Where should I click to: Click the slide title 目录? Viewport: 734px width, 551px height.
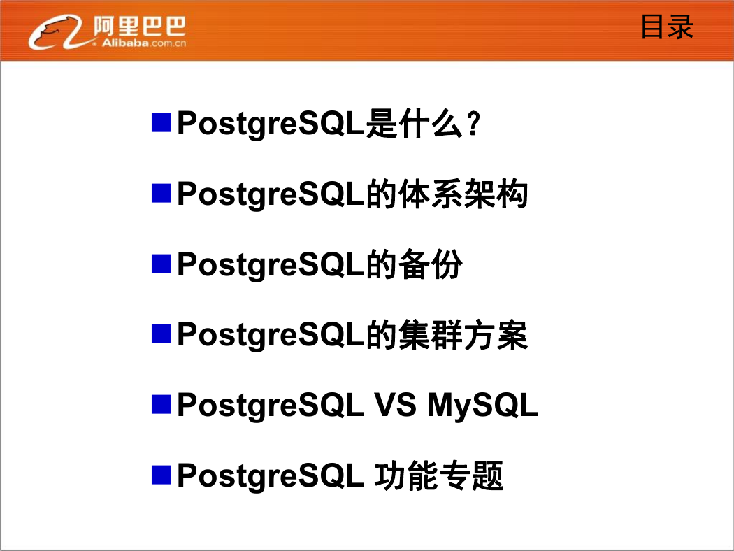point(667,27)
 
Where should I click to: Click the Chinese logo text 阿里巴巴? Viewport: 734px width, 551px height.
point(140,26)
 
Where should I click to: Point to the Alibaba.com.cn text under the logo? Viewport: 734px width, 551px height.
point(144,43)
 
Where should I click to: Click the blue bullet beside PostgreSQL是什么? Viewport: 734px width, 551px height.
point(161,122)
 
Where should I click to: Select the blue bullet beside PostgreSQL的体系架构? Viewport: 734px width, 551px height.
point(161,194)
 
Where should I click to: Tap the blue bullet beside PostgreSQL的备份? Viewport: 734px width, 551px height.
point(161,264)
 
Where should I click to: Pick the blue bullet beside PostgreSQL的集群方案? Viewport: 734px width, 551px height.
point(161,334)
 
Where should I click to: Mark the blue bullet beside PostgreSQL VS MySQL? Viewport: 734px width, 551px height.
point(161,404)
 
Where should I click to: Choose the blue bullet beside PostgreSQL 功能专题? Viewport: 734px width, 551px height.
point(161,475)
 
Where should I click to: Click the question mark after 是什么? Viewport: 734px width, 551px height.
point(474,124)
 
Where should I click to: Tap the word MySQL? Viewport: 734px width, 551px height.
point(482,406)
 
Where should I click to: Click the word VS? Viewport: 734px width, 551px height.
point(395,405)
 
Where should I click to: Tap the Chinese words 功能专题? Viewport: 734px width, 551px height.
point(438,476)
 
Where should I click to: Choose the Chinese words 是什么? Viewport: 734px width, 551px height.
point(415,124)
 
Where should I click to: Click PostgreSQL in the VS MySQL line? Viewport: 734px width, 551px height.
point(270,406)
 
